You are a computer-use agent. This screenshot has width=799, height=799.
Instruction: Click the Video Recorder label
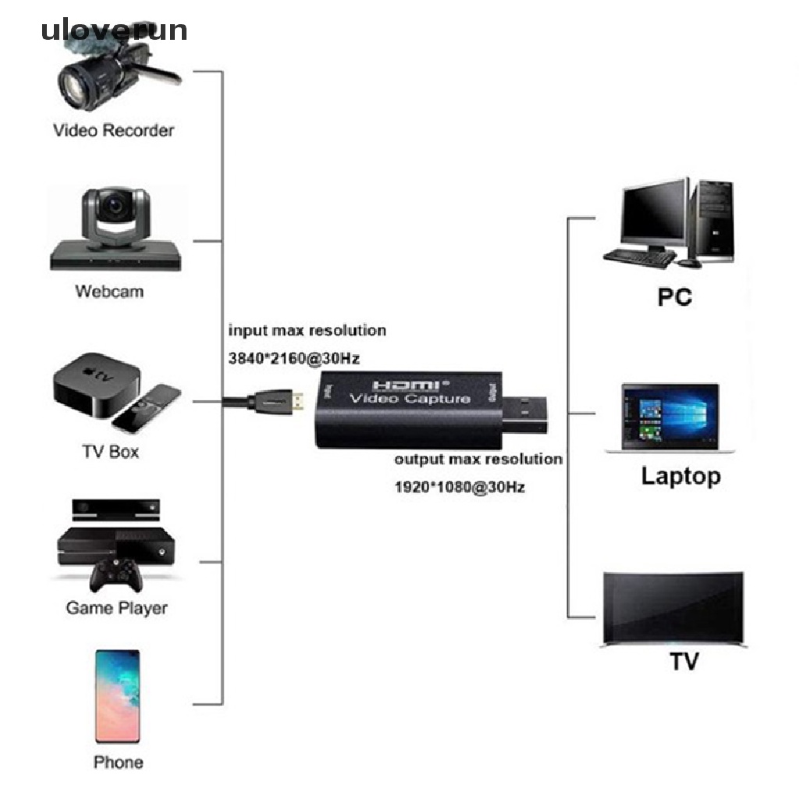(113, 130)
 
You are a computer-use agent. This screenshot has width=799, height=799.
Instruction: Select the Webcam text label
(109, 291)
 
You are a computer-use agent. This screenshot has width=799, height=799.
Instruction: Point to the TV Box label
(111, 451)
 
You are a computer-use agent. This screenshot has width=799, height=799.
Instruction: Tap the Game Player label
(116, 607)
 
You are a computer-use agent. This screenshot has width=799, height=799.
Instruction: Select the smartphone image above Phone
(118, 696)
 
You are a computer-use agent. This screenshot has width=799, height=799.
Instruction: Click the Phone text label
(118, 762)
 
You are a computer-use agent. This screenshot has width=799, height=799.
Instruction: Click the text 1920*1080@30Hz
(460, 488)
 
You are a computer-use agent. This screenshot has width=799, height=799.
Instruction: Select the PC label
(675, 297)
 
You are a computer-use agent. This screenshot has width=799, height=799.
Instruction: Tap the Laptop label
(680, 476)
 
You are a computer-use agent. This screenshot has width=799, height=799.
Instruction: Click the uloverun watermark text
(114, 30)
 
